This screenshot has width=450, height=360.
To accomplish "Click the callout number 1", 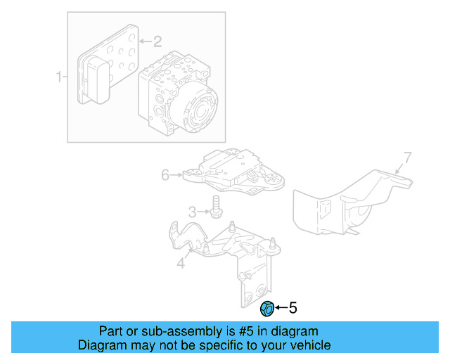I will (x=60, y=75).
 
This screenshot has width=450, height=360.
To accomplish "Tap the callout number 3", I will (x=191, y=212).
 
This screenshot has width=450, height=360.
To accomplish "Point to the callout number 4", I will (x=181, y=264).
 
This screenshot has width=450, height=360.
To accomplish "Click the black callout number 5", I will (x=293, y=307).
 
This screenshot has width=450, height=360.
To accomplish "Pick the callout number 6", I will (x=165, y=174).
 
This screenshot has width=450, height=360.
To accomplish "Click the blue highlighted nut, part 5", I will (x=267, y=308).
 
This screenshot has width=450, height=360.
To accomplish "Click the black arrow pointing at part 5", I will (x=281, y=308).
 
